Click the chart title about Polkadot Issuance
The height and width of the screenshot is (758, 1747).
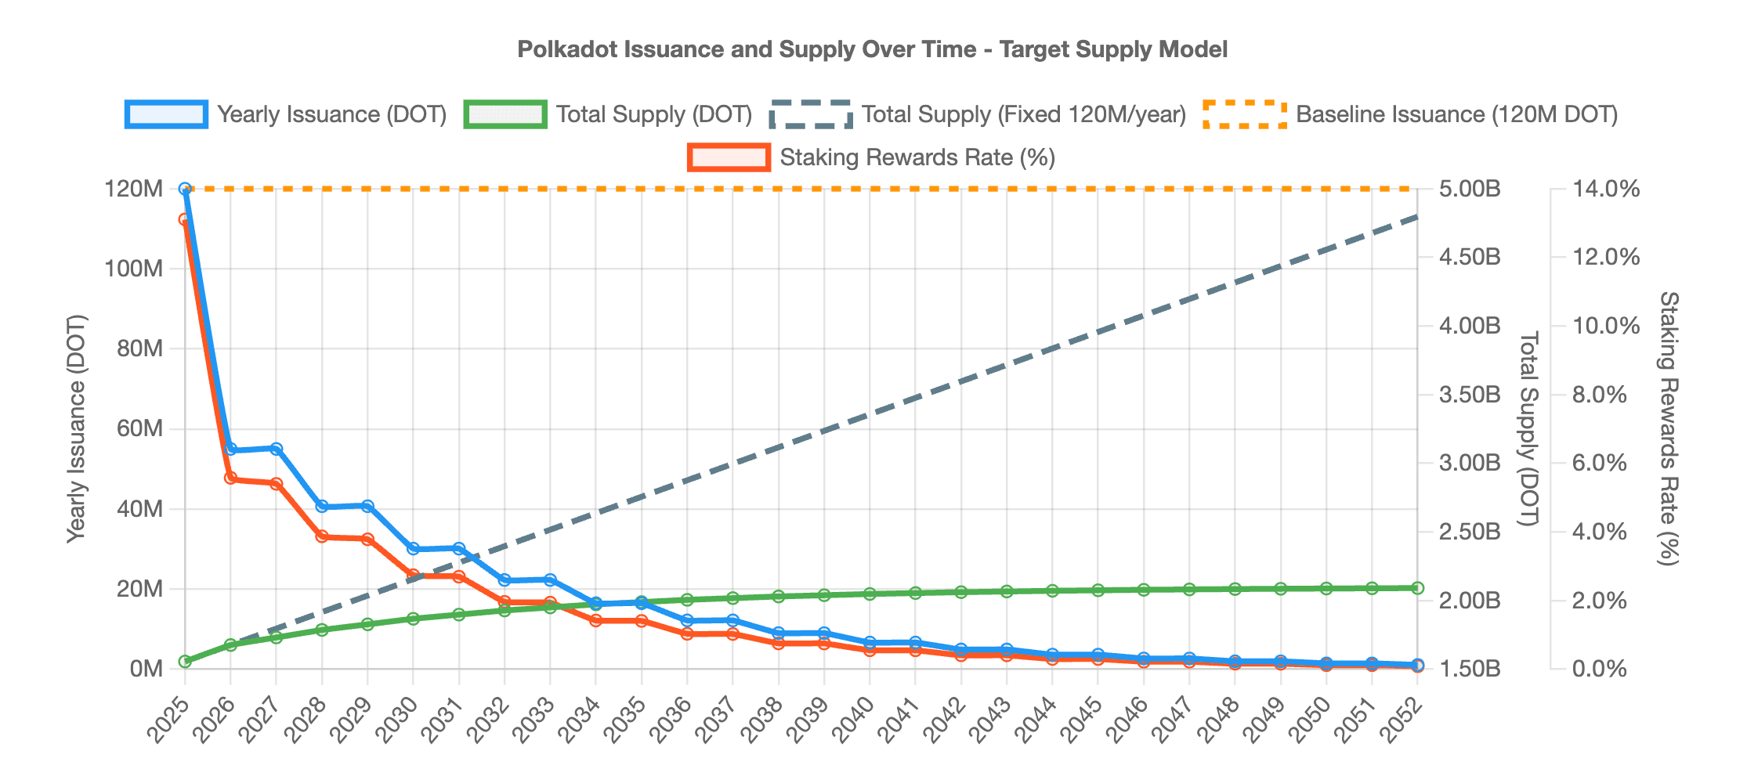872,49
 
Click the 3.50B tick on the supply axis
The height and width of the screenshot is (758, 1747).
1470,395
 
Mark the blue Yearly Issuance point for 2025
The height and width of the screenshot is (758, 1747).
185,189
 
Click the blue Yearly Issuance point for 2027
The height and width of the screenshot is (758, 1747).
277,449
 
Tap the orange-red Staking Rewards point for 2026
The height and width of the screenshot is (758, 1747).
231,478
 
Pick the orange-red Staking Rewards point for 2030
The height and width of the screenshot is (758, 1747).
414,576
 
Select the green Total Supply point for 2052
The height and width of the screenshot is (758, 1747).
1417,588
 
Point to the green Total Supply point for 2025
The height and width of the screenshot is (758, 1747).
185,662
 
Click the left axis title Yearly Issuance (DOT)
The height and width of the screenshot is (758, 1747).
76,428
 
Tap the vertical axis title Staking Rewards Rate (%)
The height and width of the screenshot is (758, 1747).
1669,428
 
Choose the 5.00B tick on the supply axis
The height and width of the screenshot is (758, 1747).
1470,189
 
